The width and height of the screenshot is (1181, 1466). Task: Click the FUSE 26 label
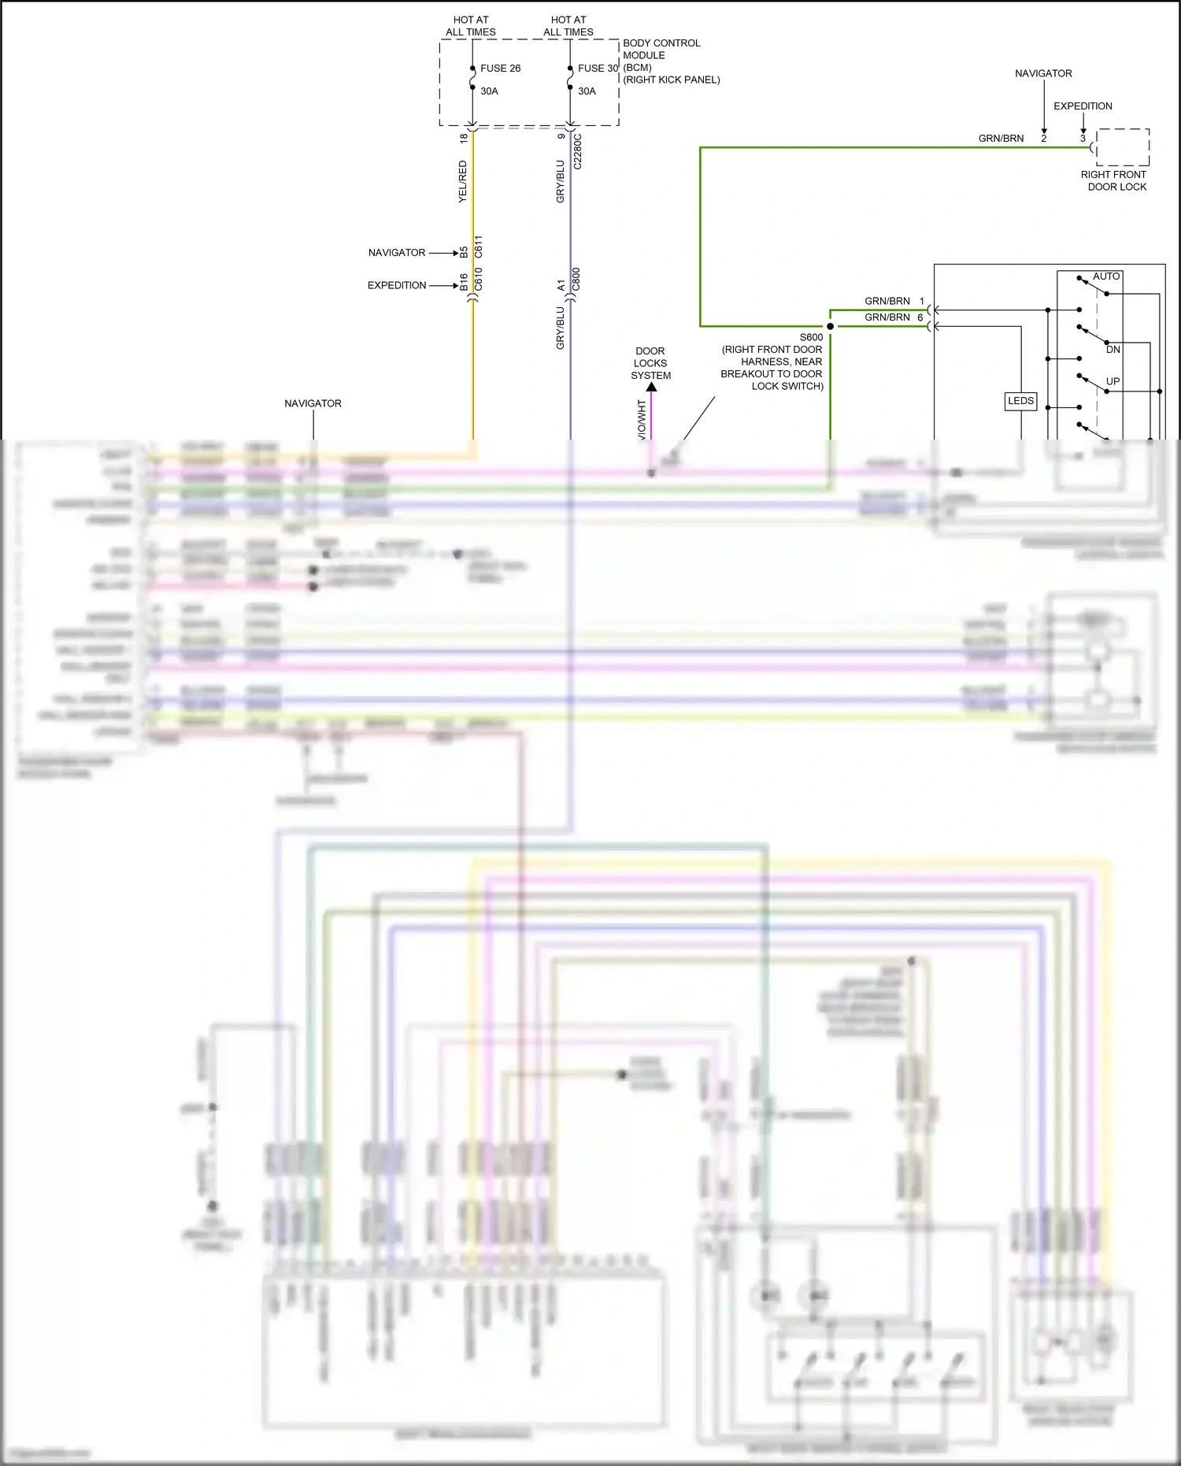tap(500, 69)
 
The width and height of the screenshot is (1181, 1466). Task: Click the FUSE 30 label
tap(598, 69)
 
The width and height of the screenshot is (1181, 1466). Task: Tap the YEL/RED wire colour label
tap(463, 182)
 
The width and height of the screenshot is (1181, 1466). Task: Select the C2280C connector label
tap(578, 151)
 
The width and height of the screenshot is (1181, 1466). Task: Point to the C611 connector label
tap(479, 247)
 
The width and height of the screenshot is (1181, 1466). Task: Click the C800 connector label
tap(576, 279)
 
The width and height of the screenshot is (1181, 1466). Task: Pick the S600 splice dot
tap(830, 326)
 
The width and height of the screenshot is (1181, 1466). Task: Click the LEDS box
tap(1020, 401)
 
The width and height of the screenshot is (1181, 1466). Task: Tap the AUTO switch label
tap(1106, 276)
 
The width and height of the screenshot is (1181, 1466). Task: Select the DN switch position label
tap(1113, 350)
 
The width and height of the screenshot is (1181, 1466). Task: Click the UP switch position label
tap(1113, 381)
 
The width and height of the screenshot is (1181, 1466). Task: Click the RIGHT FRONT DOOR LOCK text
tap(1114, 180)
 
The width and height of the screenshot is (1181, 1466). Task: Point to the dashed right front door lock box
tap(1123, 147)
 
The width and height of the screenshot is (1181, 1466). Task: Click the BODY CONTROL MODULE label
tap(661, 49)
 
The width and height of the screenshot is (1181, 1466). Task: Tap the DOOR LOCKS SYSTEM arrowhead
tap(651, 387)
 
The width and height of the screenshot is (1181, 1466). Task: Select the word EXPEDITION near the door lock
tap(1083, 106)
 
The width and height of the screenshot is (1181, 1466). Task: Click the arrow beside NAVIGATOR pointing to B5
tap(443, 253)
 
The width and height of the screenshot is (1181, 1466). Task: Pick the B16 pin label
tap(464, 282)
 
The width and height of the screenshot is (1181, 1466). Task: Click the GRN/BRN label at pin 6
tap(887, 317)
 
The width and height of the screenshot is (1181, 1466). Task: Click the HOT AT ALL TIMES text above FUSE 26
tap(471, 26)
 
